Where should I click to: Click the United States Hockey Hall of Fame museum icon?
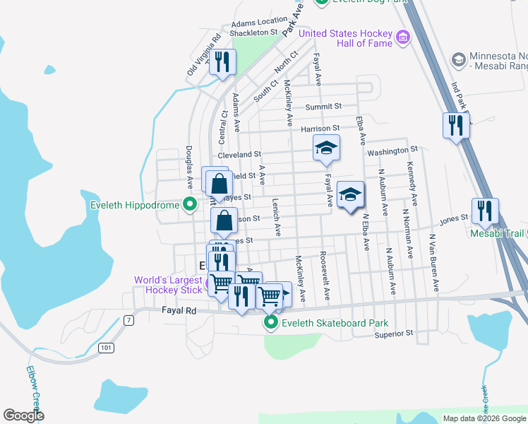tap(403, 36)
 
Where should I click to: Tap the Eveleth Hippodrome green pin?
tap(189, 206)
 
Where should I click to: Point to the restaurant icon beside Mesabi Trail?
tap(485, 211)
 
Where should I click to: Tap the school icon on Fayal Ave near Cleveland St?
tap(326, 148)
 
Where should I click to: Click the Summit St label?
tap(323, 106)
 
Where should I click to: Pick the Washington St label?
tap(392, 151)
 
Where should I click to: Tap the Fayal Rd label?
tap(162, 310)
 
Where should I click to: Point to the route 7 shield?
tap(128, 321)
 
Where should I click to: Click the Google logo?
tap(23, 416)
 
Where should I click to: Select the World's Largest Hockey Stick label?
tap(169, 285)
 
